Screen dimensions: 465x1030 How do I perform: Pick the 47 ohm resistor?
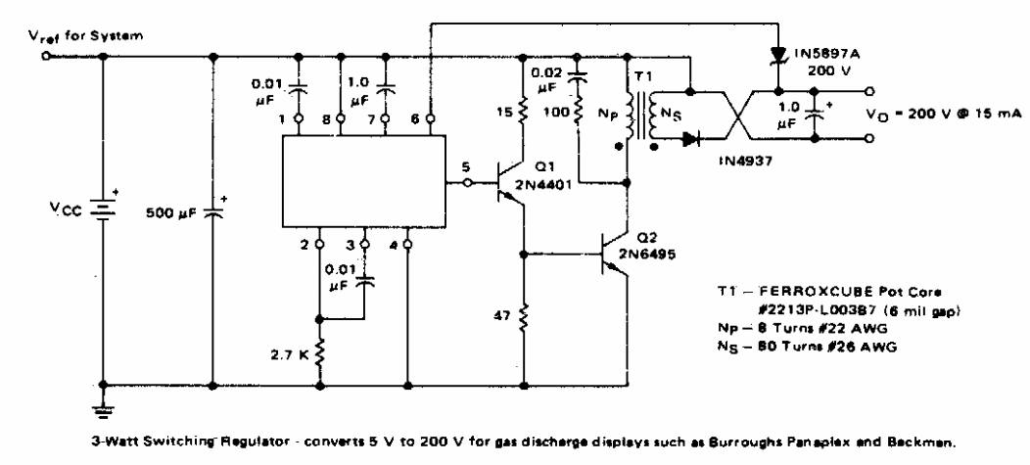[x=524, y=316]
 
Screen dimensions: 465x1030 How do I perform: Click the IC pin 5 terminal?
[x=468, y=181]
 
